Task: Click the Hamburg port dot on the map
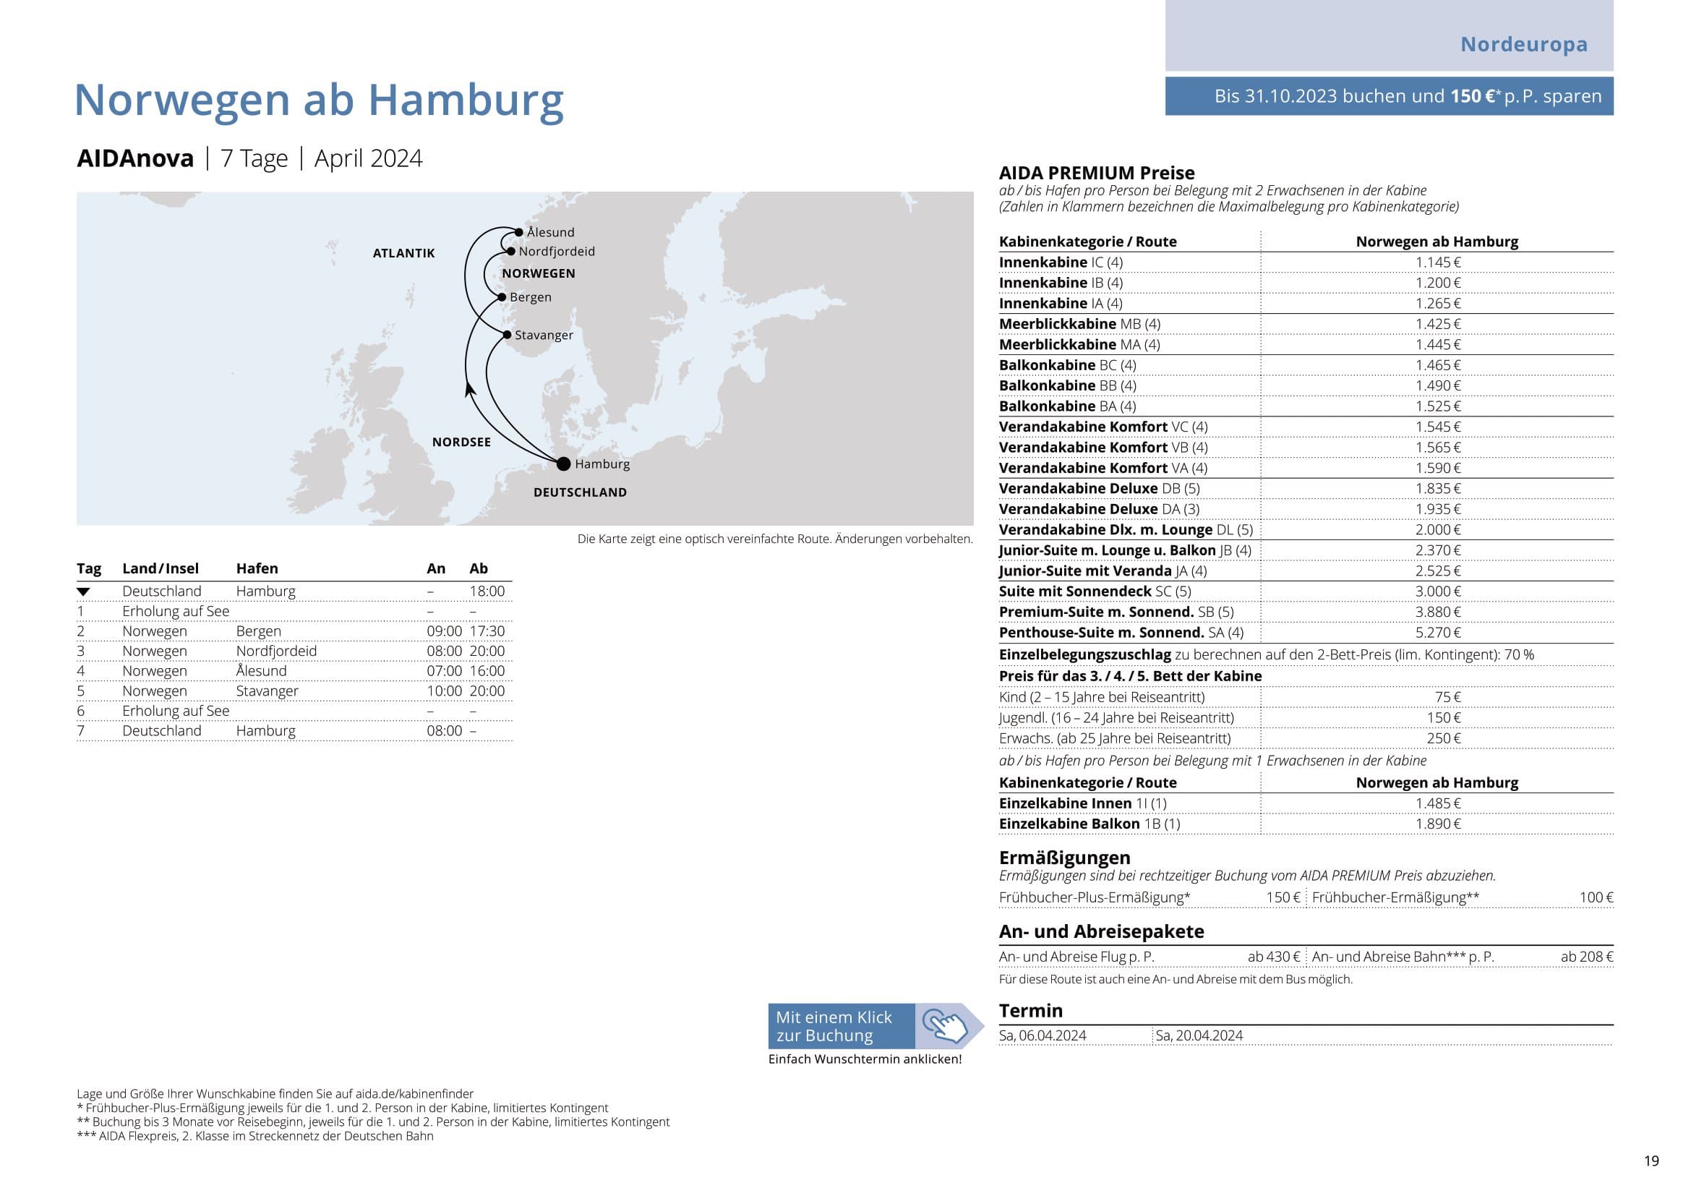pos(563,464)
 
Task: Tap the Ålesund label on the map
pos(550,233)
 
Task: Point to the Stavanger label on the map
pos(544,335)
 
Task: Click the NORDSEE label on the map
pos(461,442)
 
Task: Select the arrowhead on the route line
pos(469,389)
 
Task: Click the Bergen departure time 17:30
pos(487,631)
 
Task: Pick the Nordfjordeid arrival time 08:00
pos(444,651)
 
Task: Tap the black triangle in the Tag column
pos(83,592)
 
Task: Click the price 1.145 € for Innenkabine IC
pos(1438,262)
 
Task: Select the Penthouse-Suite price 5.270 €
pos(1438,633)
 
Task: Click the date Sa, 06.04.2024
pos(1043,1035)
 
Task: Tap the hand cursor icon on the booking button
pos(946,1026)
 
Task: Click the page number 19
pos(1651,1161)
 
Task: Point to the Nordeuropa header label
pos(1524,44)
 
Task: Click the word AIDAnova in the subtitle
pos(135,158)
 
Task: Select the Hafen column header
pos(257,568)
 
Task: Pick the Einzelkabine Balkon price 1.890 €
pos(1438,824)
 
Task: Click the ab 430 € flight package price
pos(1273,957)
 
